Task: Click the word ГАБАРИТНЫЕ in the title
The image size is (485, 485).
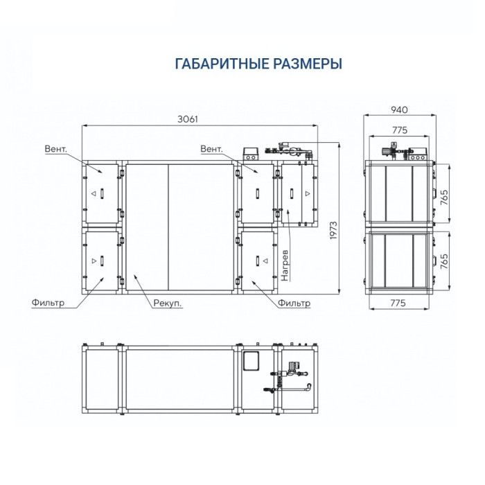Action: tap(216, 64)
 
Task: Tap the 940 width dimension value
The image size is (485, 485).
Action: tap(398, 109)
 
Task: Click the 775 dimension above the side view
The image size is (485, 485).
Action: tap(398, 129)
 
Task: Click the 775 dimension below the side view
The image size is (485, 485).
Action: tap(398, 303)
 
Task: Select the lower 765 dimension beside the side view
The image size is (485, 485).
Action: tap(445, 260)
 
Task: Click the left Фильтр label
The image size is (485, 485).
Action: tap(48, 303)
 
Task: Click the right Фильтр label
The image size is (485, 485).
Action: tap(294, 303)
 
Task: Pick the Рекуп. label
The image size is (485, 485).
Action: tap(169, 303)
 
